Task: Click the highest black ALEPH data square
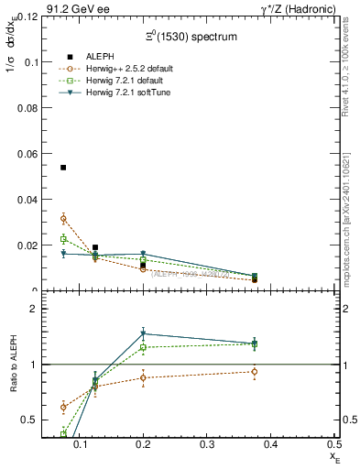(63, 168)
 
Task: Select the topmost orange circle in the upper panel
(63, 218)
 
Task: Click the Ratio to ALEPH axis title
(12, 365)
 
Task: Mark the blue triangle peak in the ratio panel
(143, 333)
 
